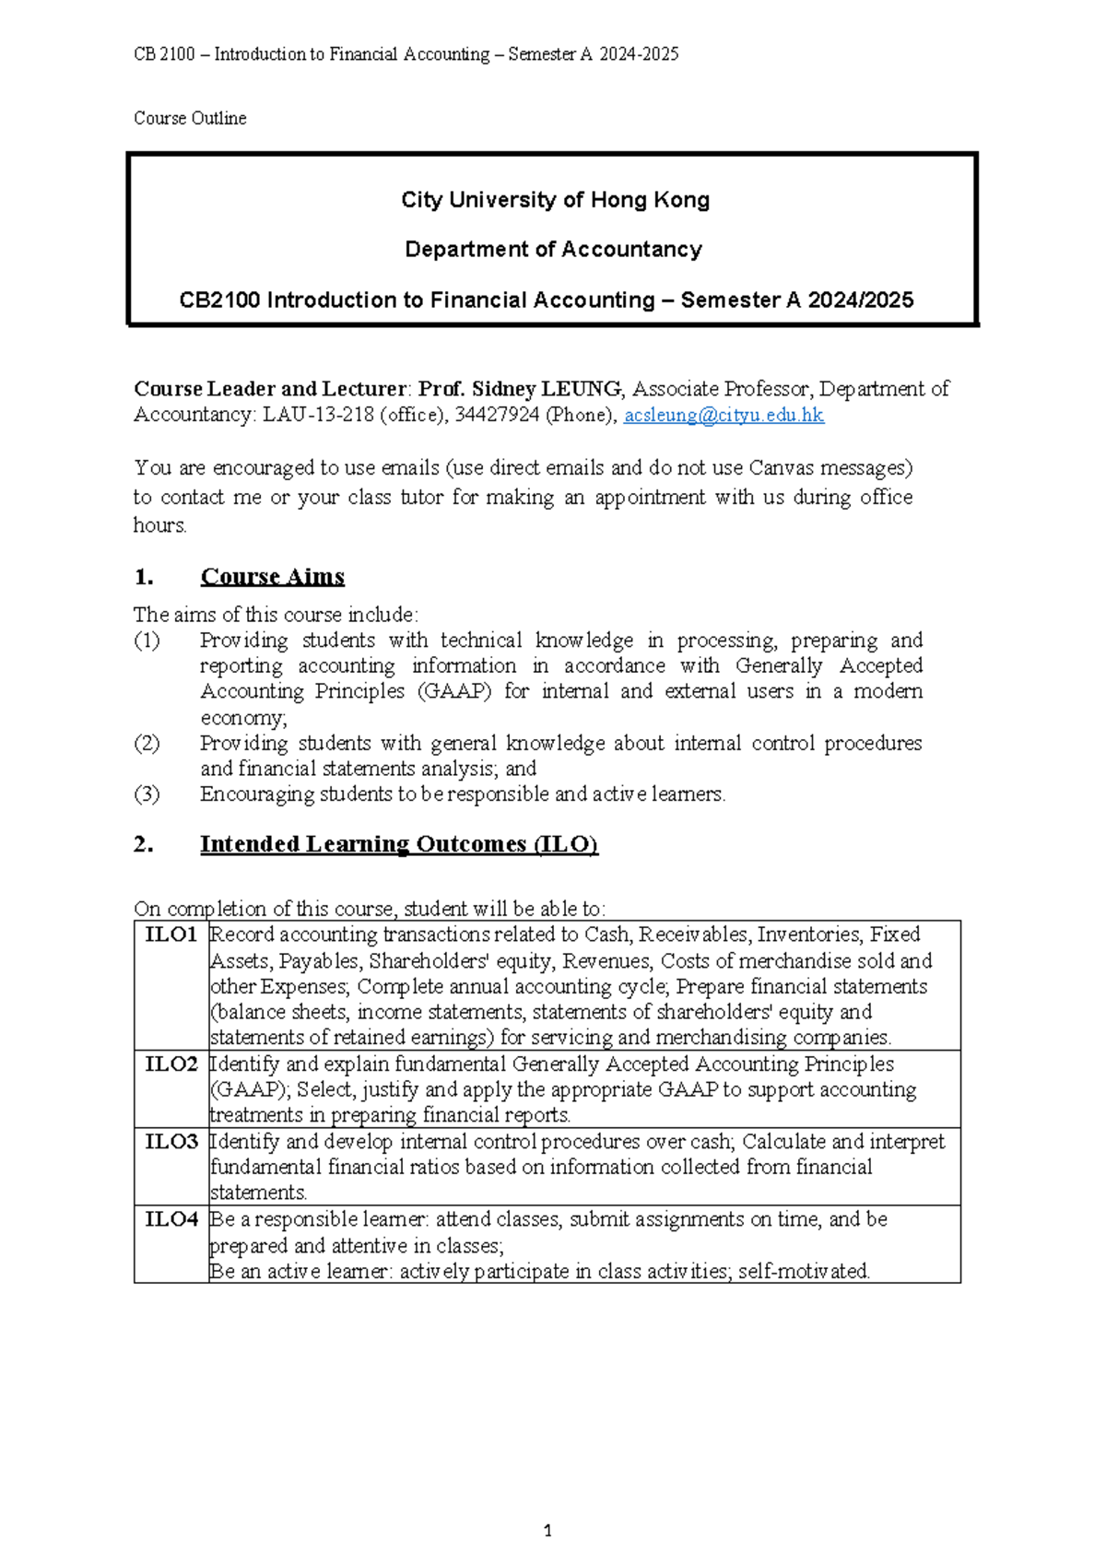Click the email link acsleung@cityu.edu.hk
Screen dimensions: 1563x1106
pyautogui.click(x=724, y=415)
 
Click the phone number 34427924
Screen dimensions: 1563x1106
pyautogui.click(x=497, y=415)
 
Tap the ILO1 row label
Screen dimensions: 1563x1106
pyautogui.click(x=171, y=934)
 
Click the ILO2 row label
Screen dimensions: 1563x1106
pyautogui.click(x=171, y=1064)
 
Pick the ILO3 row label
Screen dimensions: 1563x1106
pyautogui.click(x=171, y=1142)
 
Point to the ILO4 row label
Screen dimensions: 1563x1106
pyautogui.click(x=171, y=1219)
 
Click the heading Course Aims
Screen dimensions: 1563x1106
pyautogui.click(x=272, y=577)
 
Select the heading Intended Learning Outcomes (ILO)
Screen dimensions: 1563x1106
pyautogui.click(x=399, y=844)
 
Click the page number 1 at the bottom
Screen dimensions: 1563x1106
pyautogui.click(x=548, y=1531)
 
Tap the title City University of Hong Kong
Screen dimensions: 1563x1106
pyautogui.click(x=555, y=200)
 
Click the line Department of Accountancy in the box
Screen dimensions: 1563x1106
pyautogui.click(x=553, y=250)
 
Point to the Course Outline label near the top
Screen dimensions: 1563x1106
pyautogui.click(x=190, y=118)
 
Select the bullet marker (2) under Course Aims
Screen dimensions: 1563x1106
pyautogui.click(x=147, y=743)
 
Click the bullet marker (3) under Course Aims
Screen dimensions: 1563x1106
pyautogui.click(x=147, y=794)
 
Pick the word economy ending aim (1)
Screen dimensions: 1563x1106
pyautogui.click(x=243, y=718)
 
